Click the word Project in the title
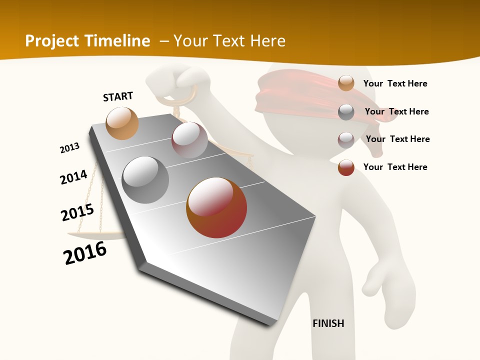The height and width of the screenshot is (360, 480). pyautogui.click(x=52, y=41)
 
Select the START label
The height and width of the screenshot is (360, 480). pyautogui.click(x=118, y=96)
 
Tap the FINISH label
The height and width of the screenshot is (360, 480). pyautogui.click(x=328, y=323)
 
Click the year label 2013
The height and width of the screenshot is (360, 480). pyautogui.click(x=69, y=148)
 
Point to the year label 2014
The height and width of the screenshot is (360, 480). pyautogui.click(x=73, y=177)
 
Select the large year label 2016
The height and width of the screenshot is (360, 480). pyautogui.click(x=85, y=253)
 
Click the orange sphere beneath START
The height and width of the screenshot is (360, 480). pyautogui.click(x=122, y=123)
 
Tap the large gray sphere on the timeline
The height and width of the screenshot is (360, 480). pyautogui.click(x=145, y=179)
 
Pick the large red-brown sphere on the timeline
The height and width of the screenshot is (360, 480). pyautogui.click(x=216, y=207)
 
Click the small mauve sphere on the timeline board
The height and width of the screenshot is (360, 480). pyautogui.click(x=189, y=140)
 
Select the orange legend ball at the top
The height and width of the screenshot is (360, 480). pyautogui.click(x=346, y=83)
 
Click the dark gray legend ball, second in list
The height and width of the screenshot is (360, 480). pyautogui.click(x=346, y=112)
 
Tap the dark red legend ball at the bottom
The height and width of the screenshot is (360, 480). pyautogui.click(x=346, y=167)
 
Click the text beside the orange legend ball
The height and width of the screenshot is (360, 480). pyautogui.click(x=395, y=83)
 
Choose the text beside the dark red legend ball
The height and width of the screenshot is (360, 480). pyautogui.click(x=395, y=167)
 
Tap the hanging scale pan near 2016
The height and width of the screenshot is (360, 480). pyautogui.click(x=92, y=235)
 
